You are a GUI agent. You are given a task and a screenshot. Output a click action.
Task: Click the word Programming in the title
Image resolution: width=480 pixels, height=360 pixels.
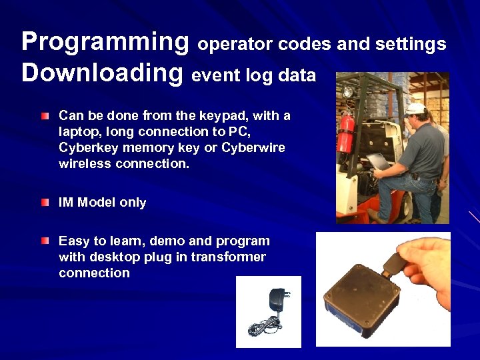point(105,42)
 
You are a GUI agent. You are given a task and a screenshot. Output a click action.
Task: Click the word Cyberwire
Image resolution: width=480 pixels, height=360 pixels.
point(254,148)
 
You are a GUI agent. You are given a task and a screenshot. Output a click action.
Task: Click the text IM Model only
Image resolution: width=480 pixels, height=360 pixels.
point(102,203)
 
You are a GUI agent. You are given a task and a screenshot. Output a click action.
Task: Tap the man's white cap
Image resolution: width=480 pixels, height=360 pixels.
point(415,108)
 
